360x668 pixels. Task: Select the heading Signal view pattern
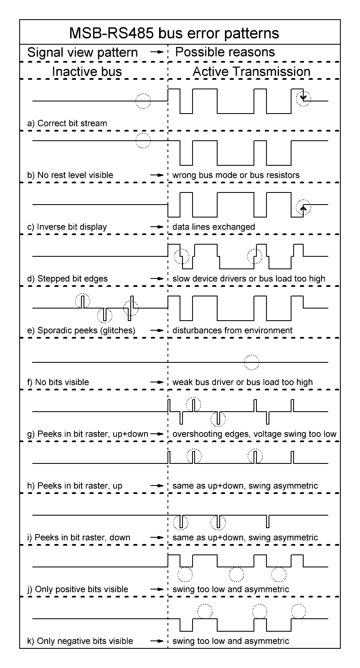[82, 53]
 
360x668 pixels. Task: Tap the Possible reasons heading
[225, 52]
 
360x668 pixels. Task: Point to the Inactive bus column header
[87, 71]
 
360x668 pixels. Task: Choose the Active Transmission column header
[251, 71]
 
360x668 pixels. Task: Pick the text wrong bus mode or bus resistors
[236, 175]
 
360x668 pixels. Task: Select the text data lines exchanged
[213, 227]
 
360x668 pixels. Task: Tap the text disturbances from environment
[232, 330]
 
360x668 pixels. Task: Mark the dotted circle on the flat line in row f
[251, 362]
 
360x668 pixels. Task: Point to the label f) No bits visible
[58, 382]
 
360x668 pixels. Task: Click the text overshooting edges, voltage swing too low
[254, 434]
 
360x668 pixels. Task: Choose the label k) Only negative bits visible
[80, 641]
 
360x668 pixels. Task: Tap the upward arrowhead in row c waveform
[304, 206]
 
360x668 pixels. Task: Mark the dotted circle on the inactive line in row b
[143, 141]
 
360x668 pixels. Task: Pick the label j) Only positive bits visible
[78, 589]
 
